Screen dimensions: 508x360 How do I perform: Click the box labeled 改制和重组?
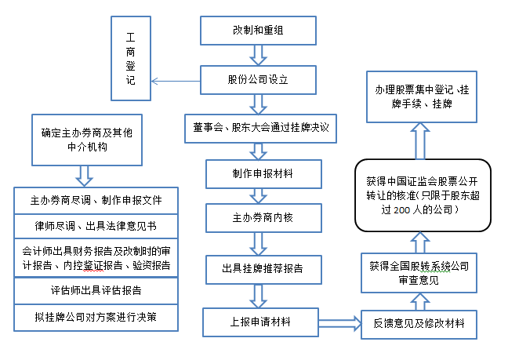258,31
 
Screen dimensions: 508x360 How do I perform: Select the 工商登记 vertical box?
131,58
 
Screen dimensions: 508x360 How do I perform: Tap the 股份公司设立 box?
258,80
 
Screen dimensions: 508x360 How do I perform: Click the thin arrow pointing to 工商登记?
176,81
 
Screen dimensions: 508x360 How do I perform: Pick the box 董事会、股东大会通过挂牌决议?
260,129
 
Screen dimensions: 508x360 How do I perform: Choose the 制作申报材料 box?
263,174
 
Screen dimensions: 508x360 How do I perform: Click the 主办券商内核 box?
263,218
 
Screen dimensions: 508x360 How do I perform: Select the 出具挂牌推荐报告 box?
263,270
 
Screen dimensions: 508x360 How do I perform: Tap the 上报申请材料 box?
261,322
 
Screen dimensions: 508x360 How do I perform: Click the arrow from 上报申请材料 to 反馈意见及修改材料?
340,323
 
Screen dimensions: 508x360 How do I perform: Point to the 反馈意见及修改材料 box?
419,325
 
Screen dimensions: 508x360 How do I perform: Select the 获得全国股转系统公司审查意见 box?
419,273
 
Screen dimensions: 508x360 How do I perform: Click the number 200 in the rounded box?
401,210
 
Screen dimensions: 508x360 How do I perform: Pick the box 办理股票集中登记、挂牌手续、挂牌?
422,97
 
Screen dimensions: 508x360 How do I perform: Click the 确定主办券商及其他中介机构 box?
87,140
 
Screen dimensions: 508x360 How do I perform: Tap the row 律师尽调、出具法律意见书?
96,226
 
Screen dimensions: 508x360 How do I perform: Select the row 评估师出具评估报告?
96,291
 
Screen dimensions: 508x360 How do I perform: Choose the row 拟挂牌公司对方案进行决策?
96,318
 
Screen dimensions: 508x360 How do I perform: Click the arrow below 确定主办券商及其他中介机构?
84,176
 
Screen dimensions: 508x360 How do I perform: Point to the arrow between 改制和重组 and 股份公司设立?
258,55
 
